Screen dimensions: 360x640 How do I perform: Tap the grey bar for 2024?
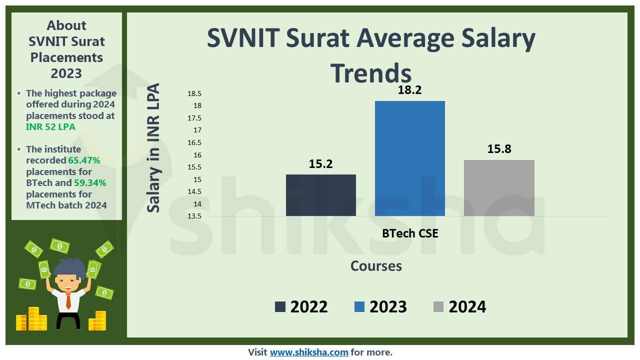pyautogui.click(x=499, y=188)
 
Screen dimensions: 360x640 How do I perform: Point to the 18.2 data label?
pyautogui.click(x=409, y=90)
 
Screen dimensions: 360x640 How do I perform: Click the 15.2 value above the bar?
pyautogui.click(x=320, y=164)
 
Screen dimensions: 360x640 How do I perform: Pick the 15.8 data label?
pyautogui.click(x=499, y=149)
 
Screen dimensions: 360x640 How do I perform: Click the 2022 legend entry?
pyautogui.click(x=301, y=306)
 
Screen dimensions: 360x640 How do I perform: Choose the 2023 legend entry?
pyautogui.click(x=380, y=306)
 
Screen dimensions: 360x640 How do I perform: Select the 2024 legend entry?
pyautogui.click(x=459, y=306)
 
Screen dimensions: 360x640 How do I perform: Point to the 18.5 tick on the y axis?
pyautogui.click(x=194, y=93)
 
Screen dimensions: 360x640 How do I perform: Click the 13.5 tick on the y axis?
pyautogui.click(x=194, y=216)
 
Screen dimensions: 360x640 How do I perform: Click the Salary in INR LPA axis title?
pyautogui.click(x=153, y=147)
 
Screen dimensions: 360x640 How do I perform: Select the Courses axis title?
pyautogui.click(x=376, y=266)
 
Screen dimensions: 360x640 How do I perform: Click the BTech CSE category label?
pyautogui.click(x=410, y=233)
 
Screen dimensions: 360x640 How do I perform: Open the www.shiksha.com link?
pyautogui.click(x=309, y=352)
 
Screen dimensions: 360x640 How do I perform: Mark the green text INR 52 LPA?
pyautogui.click(x=50, y=126)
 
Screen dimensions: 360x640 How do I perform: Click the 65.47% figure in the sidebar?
pyautogui.click(x=84, y=160)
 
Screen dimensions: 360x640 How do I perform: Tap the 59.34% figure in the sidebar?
pyautogui.click(x=90, y=183)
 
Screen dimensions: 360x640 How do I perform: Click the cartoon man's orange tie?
pyautogui.click(x=68, y=300)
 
